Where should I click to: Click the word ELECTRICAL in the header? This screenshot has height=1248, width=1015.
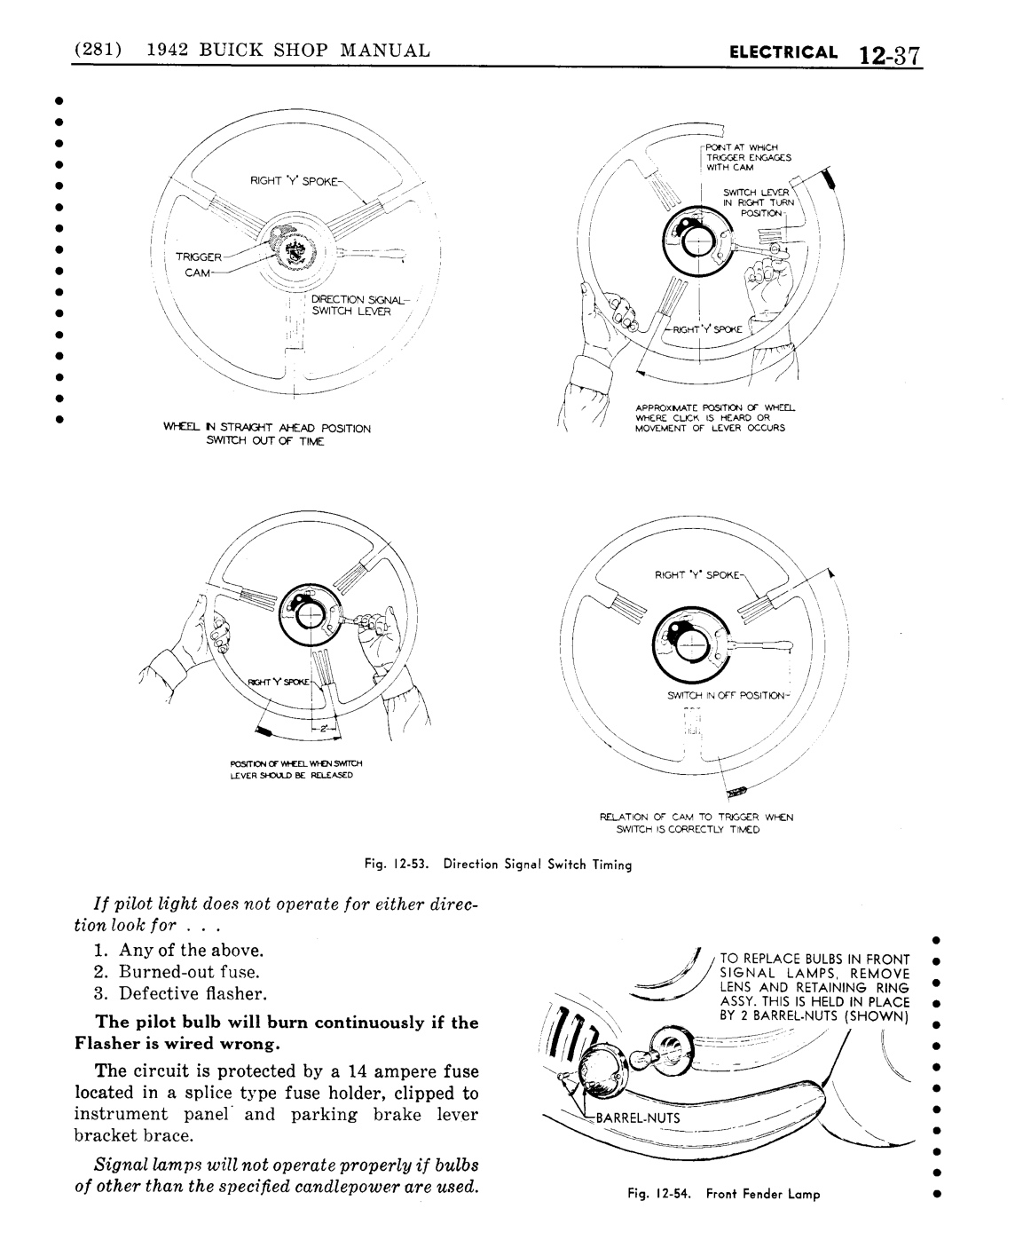782,51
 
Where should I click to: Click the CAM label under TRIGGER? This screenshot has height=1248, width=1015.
196,272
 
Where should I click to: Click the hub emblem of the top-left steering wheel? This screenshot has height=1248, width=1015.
291,254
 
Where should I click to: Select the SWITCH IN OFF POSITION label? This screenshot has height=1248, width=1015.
726,695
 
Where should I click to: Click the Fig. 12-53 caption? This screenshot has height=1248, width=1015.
498,863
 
